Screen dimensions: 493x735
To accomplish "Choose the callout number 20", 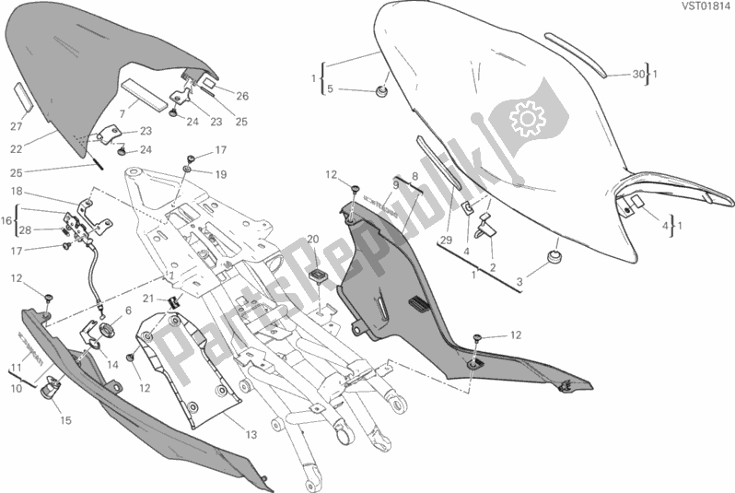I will [312, 239].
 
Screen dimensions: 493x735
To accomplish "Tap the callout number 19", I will [220, 172].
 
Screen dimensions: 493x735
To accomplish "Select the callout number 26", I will [241, 95].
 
